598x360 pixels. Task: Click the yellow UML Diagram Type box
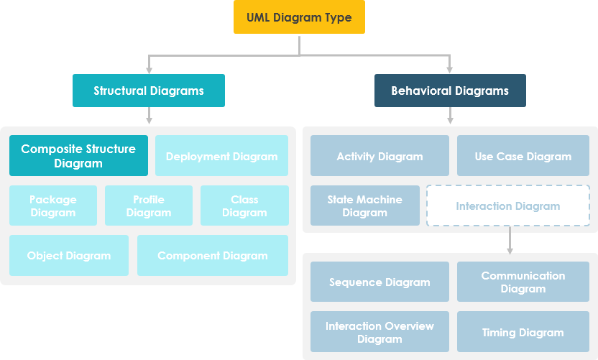299,17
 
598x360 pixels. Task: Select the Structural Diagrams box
149,91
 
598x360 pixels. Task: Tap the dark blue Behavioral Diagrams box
450,91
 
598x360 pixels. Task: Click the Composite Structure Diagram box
78,156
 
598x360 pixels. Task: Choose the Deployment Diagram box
221,156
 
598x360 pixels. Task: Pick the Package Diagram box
53,206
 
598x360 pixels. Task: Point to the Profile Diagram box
149,206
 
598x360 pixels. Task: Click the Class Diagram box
244,206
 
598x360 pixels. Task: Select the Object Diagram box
69,255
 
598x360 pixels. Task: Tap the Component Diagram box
213,255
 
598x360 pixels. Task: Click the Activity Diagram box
379,156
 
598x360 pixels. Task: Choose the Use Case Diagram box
523,156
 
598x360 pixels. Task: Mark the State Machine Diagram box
365,206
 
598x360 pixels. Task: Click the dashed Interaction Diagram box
508,206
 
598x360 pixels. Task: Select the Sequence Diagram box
379,282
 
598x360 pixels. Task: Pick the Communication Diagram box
523,282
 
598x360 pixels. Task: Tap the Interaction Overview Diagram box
379,331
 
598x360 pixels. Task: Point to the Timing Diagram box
523,331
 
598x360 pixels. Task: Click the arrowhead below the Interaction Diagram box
510,249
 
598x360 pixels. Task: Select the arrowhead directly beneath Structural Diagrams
149,119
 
